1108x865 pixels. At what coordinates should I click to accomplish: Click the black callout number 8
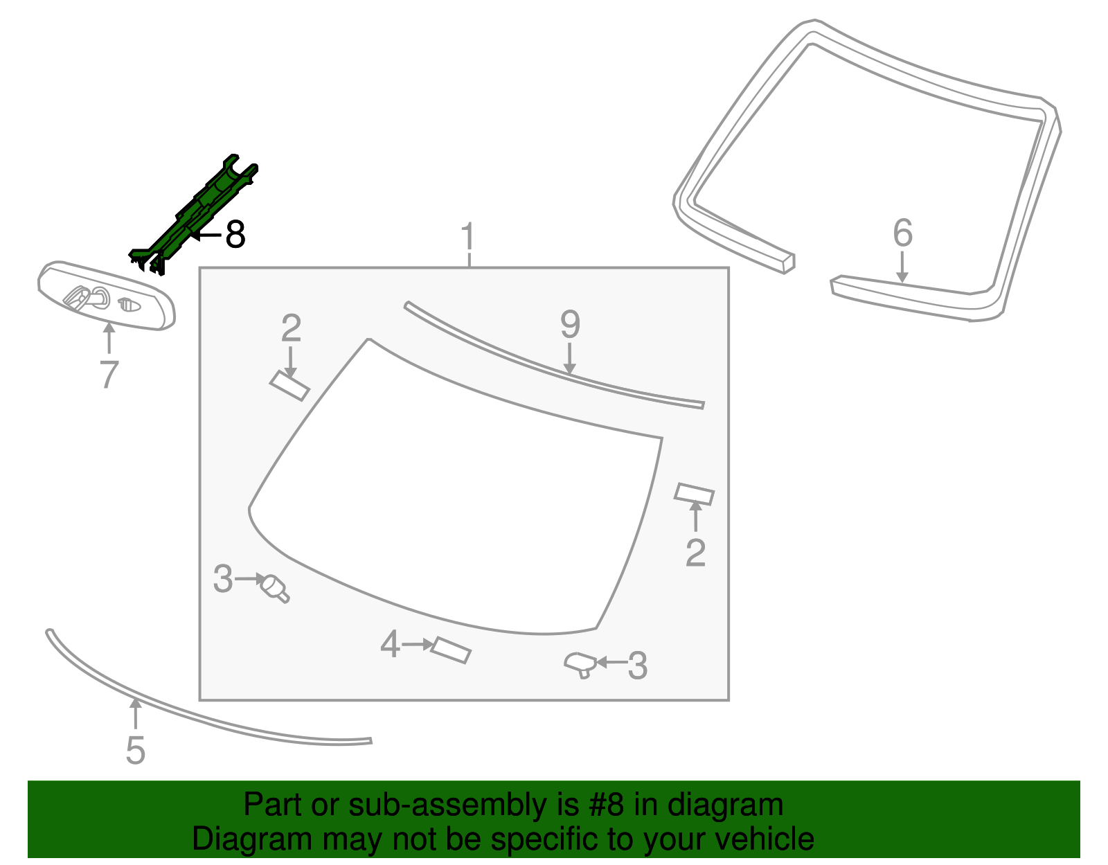coord(235,235)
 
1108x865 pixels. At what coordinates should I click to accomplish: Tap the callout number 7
coord(109,375)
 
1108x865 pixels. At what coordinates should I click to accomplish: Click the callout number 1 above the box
coord(469,237)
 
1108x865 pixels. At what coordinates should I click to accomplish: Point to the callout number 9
coord(569,324)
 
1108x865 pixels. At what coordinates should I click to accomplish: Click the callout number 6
coord(902,233)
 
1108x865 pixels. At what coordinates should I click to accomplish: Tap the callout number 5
coord(135,751)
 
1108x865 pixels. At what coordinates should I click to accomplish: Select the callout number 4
coord(390,644)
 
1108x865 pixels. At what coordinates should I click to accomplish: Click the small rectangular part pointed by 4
coord(451,650)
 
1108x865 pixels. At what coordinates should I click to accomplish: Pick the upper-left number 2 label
coord(291,328)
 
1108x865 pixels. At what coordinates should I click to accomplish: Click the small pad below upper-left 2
coord(289,386)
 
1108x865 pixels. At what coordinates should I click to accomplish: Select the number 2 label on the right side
coord(695,553)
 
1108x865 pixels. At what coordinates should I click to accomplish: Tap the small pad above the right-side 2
coord(694,494)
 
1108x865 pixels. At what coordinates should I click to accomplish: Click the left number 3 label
coord(222,579)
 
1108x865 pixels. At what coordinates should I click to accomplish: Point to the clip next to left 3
coord(274,588)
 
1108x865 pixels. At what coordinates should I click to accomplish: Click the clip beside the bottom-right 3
coord(580,665)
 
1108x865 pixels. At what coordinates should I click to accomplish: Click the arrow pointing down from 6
coord(902,267)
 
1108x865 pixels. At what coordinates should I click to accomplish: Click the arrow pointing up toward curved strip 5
coord(136,713)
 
